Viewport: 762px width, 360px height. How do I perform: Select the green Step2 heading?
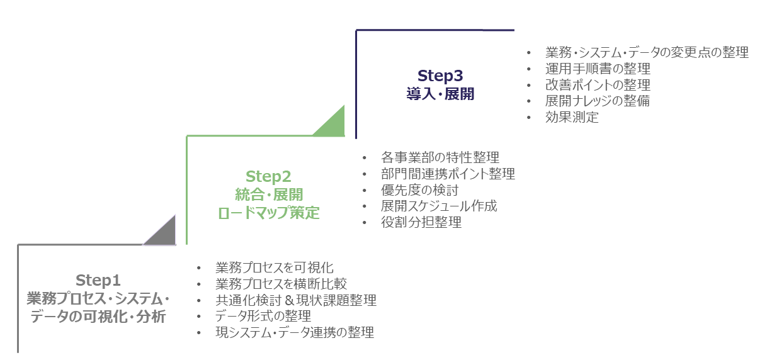tap(269, 176)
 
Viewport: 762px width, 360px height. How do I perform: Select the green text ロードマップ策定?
tap(269, 213)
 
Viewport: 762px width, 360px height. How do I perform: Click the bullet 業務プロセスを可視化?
tap(274, 267)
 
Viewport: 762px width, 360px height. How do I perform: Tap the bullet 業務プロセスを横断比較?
tap(281, 284)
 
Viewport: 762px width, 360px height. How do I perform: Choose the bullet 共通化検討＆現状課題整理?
tap(295, 300)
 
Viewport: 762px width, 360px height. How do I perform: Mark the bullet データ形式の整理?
tap(263, 316)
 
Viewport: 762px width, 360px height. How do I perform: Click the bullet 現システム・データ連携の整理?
tap(294, 332)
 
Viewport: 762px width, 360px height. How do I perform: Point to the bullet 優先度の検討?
tap(419, 190)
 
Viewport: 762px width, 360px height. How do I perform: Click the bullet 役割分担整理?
tap(421, 222)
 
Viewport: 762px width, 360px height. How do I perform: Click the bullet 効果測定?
tap(572, 117)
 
